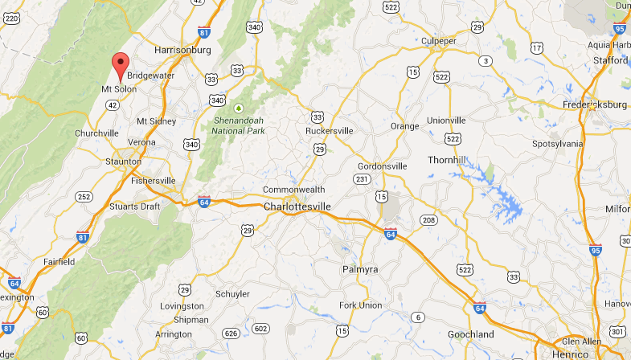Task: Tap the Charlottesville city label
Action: pos(297,206)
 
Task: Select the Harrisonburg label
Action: pos(182,50)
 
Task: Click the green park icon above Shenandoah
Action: pos(238,108)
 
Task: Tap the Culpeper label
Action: pos(439,41)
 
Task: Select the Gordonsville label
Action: pos(383,166)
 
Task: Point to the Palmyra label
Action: pos(360,268)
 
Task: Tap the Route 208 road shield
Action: pos(428,219)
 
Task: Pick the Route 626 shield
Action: pos(232,332)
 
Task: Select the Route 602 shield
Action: pos(260,328)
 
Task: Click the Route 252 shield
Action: pos(84,196)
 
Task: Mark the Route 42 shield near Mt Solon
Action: pos(113,104)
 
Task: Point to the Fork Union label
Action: pos(359,305)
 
